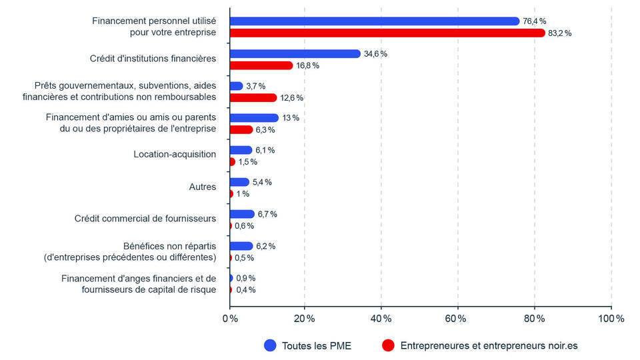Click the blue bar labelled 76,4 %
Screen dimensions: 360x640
374,21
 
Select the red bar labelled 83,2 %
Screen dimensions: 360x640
387,33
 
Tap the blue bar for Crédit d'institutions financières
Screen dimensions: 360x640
295,53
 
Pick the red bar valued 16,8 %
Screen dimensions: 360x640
261,65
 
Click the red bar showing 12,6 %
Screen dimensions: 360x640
253,97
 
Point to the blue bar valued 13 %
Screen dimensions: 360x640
253,118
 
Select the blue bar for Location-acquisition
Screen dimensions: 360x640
241,150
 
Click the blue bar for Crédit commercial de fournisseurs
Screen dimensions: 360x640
242,214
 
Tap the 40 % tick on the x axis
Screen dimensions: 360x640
381,319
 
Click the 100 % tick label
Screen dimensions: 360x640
610,319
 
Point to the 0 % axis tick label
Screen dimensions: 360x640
229,319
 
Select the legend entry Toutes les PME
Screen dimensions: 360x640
316,345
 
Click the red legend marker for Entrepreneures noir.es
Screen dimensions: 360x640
388,345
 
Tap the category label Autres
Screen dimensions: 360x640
203,187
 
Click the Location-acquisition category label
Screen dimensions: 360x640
175,155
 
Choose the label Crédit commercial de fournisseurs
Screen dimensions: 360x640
145,219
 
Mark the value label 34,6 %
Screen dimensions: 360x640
375,54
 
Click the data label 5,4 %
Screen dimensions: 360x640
262,182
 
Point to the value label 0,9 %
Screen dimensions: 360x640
246,278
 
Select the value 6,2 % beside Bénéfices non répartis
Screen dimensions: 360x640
265,246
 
